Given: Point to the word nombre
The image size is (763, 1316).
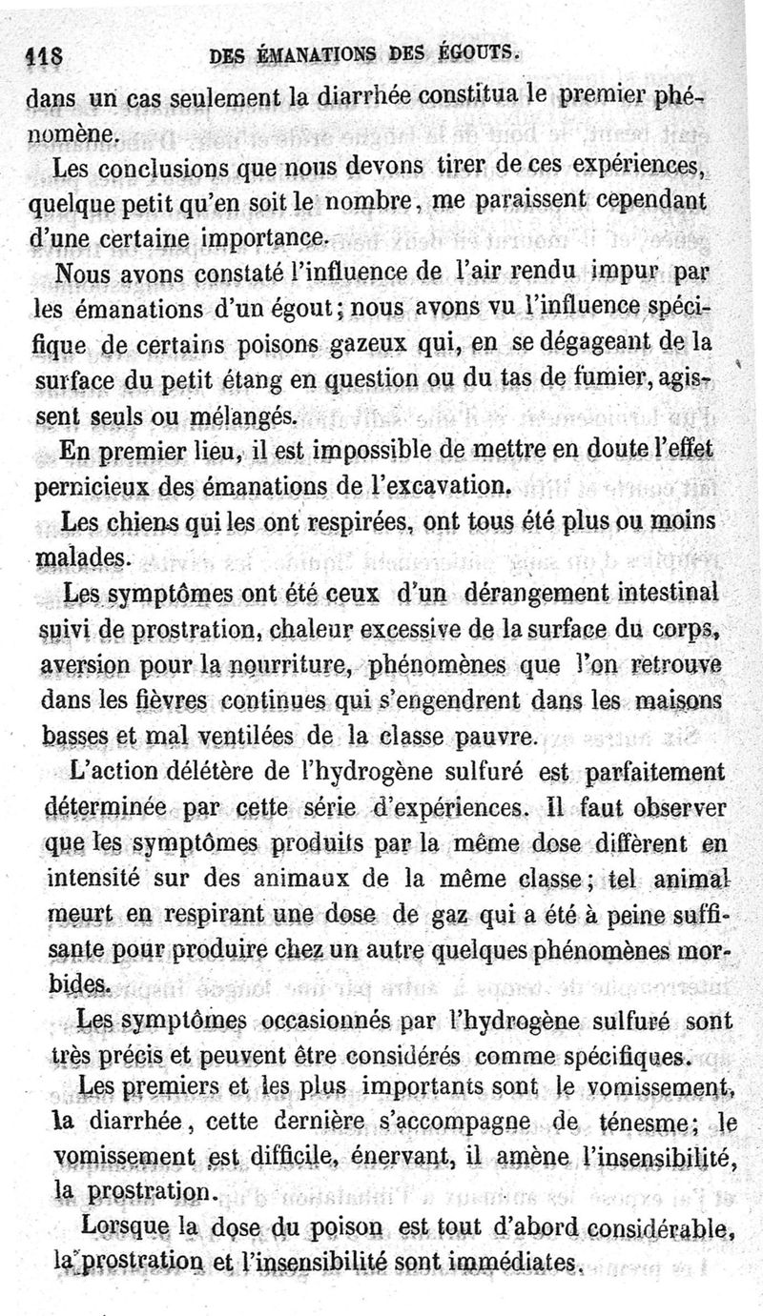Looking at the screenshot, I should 371,203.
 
